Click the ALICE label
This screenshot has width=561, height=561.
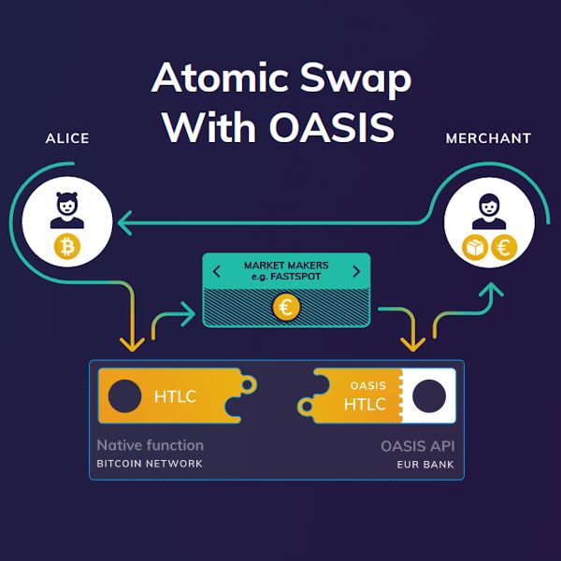coord(67,138)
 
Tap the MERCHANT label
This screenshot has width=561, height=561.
coord(488,138)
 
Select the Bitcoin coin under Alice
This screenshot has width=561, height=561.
coord(67,247)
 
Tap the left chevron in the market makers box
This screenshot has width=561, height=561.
coord(217,272)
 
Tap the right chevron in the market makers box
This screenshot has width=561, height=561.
coord(355,272)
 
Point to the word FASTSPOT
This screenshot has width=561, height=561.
coord(299,278)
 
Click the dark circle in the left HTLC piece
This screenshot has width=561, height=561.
coord(124,396)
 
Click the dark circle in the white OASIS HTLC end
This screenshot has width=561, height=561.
coord(429,396)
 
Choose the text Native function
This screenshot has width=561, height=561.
coord(150,445)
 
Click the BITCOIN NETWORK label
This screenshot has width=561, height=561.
coord(150,464)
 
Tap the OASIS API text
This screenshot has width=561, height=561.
coord(417,445)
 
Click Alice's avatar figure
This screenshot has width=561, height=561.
coord(67,212)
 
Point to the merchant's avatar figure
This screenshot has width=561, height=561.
coord(489,212)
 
